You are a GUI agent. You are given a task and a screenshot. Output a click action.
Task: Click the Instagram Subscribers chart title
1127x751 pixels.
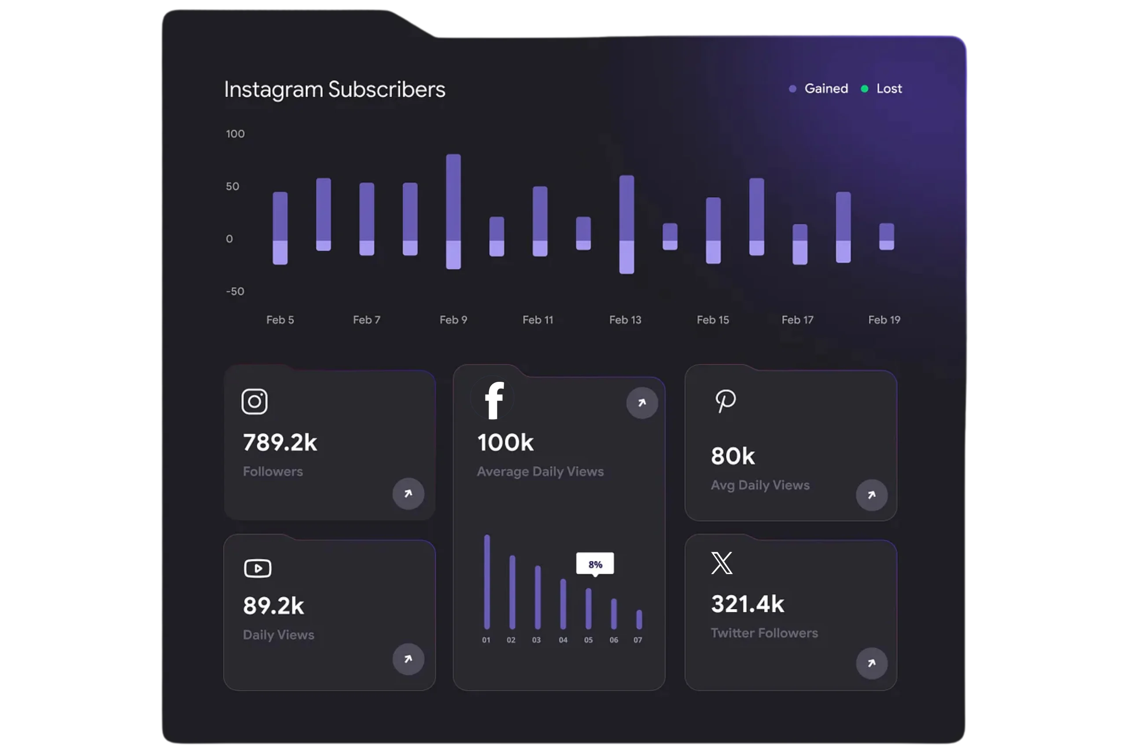[335, 90]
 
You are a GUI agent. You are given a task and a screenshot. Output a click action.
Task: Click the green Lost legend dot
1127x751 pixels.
[865, 88]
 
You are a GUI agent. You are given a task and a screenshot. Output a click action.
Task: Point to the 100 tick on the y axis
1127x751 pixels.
[235, 134]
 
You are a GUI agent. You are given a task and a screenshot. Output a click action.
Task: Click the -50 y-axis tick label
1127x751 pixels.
[235, 291]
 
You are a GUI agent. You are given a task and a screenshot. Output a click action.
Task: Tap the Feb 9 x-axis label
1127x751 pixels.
[453, 320]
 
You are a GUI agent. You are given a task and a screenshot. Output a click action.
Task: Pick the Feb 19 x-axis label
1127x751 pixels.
[884, 320]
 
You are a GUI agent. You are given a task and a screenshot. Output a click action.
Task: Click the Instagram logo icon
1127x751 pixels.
[254, 401]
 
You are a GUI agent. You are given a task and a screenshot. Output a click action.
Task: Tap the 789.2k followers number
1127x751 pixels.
[280, 443]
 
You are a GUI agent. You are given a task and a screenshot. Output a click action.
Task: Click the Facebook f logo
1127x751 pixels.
[494, 400]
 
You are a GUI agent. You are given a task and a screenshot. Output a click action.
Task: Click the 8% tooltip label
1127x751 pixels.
[595, 564]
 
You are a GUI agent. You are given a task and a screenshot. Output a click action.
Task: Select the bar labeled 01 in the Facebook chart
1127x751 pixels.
[487, 582]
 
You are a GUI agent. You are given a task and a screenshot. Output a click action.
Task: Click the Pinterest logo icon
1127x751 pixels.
[726, 401]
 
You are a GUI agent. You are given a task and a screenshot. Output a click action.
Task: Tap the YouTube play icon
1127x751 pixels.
[258, 568]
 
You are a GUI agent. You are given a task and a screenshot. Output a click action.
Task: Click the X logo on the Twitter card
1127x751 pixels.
[722, 563]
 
